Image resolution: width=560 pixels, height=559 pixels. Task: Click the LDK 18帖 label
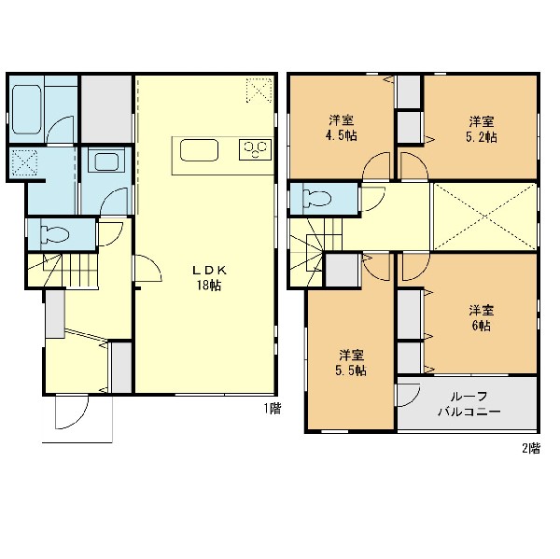pos(209,278)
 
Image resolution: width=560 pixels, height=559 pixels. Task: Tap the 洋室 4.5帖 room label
pos(342,128)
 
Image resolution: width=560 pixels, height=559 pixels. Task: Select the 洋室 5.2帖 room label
pos(482,130)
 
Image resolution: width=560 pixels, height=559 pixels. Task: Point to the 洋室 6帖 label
pos(481,318)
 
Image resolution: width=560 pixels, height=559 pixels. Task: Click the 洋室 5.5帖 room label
pos(351,363)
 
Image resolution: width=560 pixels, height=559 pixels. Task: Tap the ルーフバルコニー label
pos(469,404)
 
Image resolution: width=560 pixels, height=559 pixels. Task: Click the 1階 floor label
pos(273,409)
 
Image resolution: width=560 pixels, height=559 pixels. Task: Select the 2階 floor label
pos(531,448)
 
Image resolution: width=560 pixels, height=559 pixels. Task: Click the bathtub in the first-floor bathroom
pos(26,109)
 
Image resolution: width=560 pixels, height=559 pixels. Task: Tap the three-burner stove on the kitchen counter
pos(255,149)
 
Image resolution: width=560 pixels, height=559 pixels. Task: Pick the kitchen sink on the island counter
pos(199,150)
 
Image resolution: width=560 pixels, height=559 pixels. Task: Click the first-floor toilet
pos(55,234)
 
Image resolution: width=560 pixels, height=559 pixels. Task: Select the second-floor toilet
pos(316,198)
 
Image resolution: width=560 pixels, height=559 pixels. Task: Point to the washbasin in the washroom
pos(106,161)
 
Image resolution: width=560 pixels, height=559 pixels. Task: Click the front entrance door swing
pos(72,412)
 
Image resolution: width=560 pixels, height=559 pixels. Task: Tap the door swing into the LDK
pos(147,268)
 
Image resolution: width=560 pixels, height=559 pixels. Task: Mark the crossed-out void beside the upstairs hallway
pos(485,217)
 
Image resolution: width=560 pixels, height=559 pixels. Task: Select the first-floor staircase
pos(63,270)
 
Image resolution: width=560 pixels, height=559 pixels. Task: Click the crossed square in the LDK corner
pos(259,90)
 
